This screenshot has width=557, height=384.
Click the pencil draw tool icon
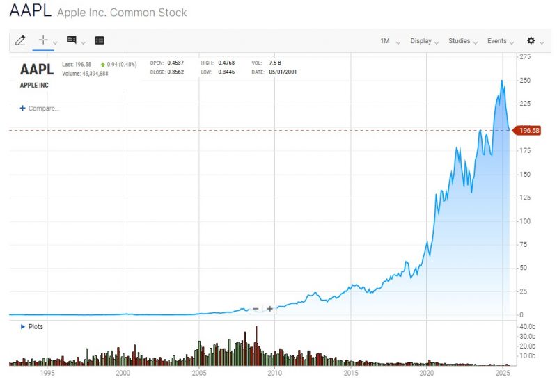pyautogui.click(x=21, y=40)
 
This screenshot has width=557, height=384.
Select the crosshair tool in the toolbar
pyautogui.click(x=43, y=40)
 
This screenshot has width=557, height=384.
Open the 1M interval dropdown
pyautogui.click(x=385, y=41)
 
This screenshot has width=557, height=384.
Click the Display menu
pyautogui.click(x=421, y=41)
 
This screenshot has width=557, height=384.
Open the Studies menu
pyautogui.click(x=460, y=41)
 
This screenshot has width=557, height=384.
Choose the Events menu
pyautogui.click(x=497, y=41)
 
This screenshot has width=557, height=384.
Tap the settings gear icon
pyautogui.click(x=531, y=41)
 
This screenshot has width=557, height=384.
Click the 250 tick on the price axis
pyautogui.click(x=526, y=81)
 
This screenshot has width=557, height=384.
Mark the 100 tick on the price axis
pyautogui.click(x=526, y=221)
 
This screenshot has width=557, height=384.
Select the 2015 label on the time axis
pyautogui.click(x=351, y=374)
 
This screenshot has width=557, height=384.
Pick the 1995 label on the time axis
pyautogui.click(x=47, y=374)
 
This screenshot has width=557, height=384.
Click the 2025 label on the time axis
pyautogui.click(x=502, y=374)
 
